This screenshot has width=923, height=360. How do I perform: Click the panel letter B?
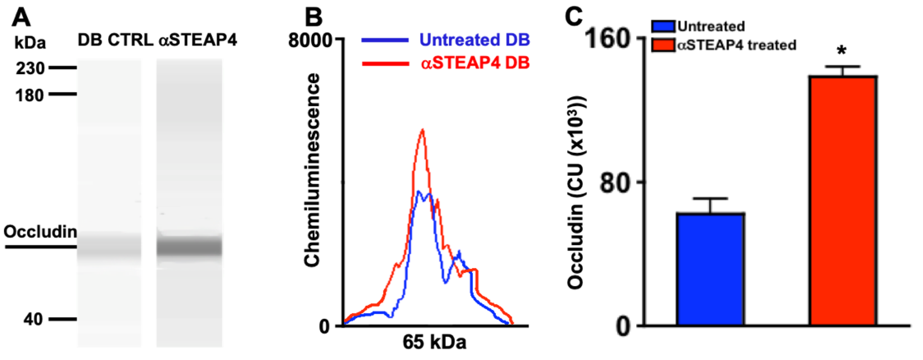click(x=313, y=17)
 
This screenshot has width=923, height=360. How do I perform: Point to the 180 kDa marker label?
click(x=29, y=95)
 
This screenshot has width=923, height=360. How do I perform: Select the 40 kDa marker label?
click(x=33, y=319)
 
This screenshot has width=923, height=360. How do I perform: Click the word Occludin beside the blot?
click(x=40, y=232)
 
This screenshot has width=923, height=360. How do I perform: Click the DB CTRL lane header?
click(x=116, y=40)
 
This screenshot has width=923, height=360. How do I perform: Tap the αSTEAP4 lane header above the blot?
click(x=198, y=40)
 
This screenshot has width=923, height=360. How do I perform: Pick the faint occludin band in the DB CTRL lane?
click(x=109, y=247)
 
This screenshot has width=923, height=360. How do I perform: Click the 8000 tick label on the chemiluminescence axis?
click(x=310, y=40)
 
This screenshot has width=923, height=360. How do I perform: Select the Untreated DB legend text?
click(x=474, y=40)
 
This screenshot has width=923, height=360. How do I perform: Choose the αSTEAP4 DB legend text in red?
click(x=475, y=63)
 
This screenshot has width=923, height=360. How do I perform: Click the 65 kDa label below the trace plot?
click(x=434, y=342)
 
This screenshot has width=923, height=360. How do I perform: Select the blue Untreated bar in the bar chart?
click(x=710, y=269)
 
